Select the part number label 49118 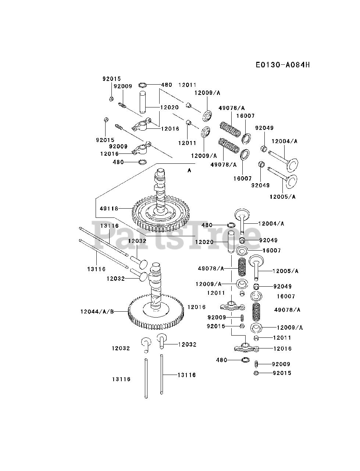pos(109,209)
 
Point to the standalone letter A pos(189,170)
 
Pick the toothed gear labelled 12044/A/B pos(156,313)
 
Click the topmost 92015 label pos(111,79)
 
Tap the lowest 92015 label pos(282,373)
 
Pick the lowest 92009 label pos(281,364)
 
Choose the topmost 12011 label pos(188,85)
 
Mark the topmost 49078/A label pos(231,108)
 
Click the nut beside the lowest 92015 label pos(256,373)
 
